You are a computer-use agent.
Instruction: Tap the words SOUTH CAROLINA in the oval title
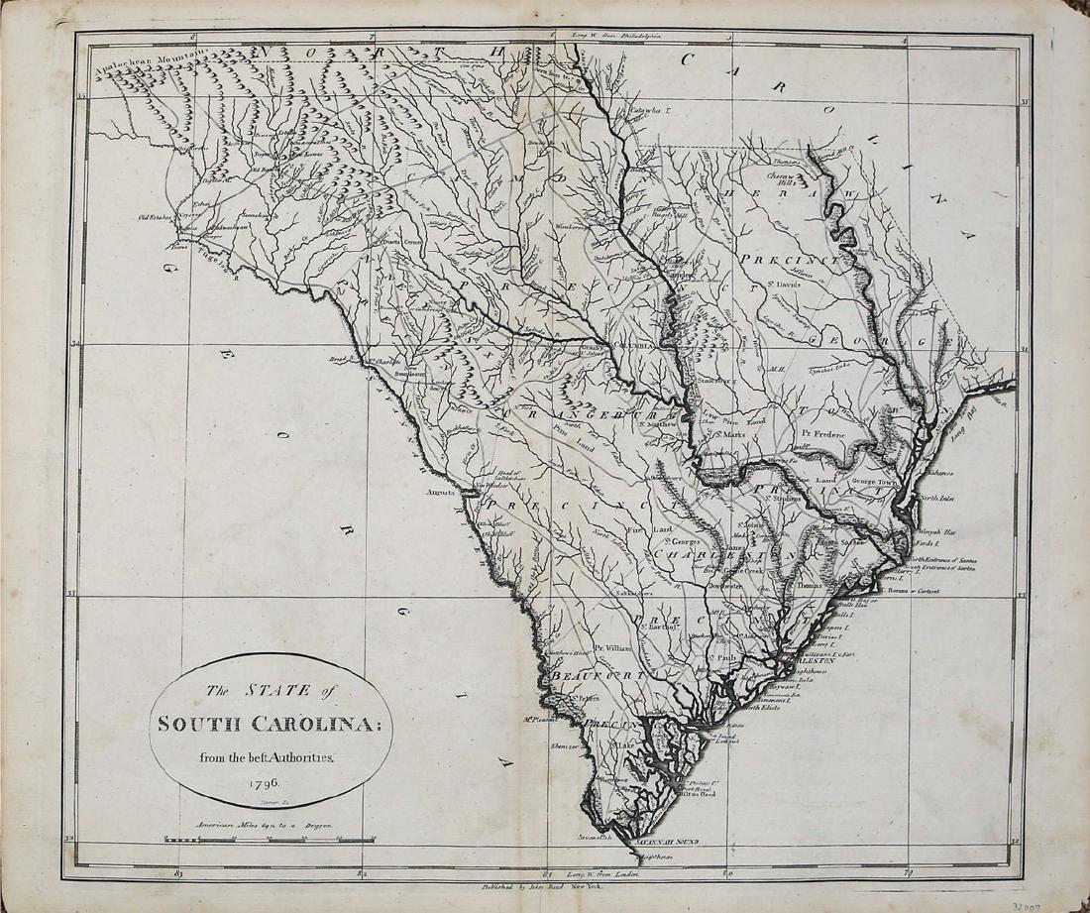[x=271, y=724]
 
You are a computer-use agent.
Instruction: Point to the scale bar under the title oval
[x=270, y=840]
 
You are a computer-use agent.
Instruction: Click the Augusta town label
[x=439, y=491]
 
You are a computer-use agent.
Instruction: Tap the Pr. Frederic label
[x=820, y=433]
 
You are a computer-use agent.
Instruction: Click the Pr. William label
[x=612, y=647]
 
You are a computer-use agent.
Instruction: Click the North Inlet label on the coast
[x=937, y=498]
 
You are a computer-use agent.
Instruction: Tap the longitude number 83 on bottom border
[x=179, y=873]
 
